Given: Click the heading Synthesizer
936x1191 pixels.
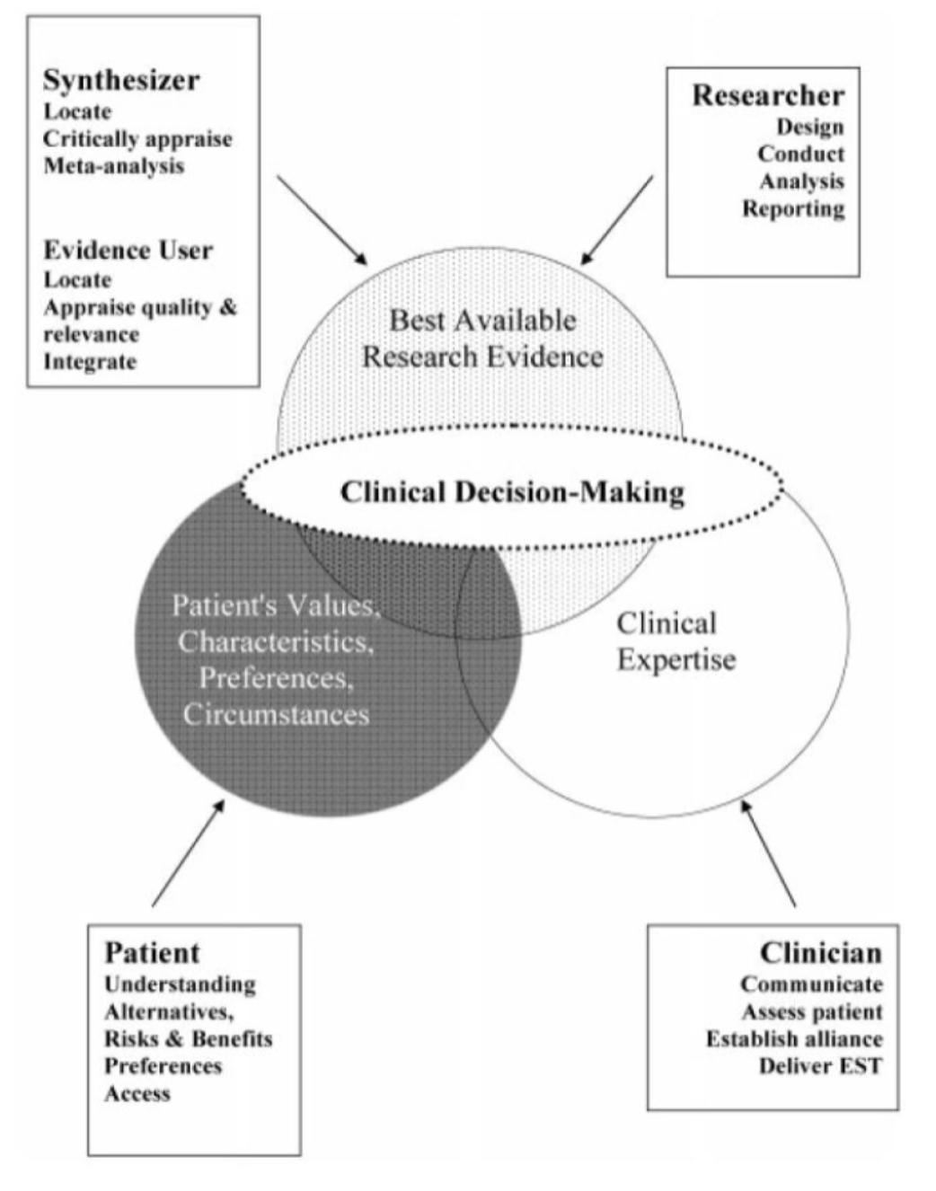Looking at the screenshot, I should click(121, 80).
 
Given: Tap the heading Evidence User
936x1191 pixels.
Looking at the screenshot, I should click(128, 250).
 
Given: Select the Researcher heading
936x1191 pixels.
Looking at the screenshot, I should click(768, 95).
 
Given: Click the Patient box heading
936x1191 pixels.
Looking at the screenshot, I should click(152, 952).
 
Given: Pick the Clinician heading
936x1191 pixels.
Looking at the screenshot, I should click(820, 952).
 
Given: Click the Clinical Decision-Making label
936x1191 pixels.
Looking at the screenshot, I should click(512, 492).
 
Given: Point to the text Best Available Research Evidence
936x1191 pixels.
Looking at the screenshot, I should click(482, 339).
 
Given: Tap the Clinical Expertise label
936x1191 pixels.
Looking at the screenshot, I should click(676, 641).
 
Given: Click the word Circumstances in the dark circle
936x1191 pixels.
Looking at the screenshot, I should click(277, 714).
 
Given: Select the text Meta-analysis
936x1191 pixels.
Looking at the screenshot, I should click(113, 166).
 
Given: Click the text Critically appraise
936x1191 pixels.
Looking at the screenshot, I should click(137, 139).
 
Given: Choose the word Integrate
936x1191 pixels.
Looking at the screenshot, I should click(90, 362).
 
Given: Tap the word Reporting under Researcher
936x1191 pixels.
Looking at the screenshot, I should click(793, 208).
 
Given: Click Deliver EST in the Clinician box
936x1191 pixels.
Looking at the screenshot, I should click(820, 1066).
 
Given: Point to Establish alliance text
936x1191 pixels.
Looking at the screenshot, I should click(794, 1039).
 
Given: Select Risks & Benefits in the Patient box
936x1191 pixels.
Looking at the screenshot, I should click(188, 1039).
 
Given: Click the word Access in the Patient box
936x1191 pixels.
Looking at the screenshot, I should click(137, 1093).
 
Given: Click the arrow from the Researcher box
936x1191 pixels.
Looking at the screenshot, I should click(617, 220).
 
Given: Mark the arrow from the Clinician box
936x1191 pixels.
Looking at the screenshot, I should click(768, 852).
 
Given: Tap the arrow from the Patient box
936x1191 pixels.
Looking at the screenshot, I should click(189, 852).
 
